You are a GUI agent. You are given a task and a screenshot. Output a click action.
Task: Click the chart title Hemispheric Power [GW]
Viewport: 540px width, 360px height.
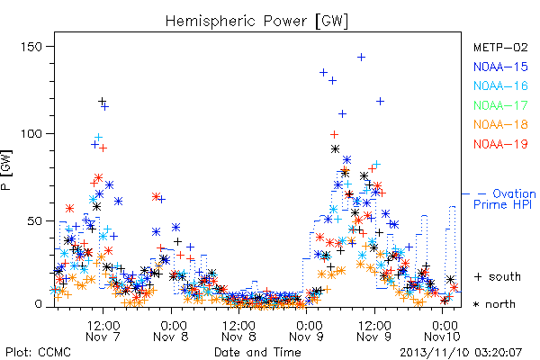click(256, 21)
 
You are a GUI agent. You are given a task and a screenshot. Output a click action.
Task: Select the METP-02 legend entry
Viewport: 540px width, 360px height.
click(500, 47)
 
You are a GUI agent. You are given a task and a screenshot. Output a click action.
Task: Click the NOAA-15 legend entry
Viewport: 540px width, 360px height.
click(500, 67)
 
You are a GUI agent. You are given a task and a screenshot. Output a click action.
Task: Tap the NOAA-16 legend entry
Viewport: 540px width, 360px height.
click(500, 85)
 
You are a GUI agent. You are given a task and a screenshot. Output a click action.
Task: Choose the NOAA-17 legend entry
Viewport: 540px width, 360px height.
click(500, 105)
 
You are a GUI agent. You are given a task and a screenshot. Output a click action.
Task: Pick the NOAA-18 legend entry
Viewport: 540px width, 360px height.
click(500, 124)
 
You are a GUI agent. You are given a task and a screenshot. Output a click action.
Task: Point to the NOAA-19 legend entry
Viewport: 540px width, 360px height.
click(500, 144)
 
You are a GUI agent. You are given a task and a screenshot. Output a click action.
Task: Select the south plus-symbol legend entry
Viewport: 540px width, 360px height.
click(498, 276)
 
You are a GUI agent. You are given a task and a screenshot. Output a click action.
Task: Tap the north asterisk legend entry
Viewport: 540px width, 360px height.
click(494, 304)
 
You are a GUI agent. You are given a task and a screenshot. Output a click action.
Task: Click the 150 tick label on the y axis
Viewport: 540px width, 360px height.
click(31, 47)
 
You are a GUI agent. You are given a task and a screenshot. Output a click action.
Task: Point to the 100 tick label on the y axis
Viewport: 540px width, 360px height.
click(31, 134)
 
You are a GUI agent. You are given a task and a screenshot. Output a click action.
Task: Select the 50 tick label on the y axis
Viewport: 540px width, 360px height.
click(34, 220)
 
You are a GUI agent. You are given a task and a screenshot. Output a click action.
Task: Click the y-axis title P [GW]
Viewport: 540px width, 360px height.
click(6, 170)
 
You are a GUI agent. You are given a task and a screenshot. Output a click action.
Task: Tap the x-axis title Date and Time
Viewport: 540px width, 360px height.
click(257, 352)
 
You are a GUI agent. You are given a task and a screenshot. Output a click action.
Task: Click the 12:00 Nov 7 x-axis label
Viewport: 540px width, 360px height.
click(103, 331)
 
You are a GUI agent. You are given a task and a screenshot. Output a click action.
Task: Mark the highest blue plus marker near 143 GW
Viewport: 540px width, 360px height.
click(361, 58)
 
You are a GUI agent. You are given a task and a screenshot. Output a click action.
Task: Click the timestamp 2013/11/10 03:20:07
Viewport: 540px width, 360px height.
click(461, 353)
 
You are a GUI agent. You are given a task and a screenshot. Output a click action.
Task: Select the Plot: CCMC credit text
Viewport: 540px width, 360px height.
click(38, 353)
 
